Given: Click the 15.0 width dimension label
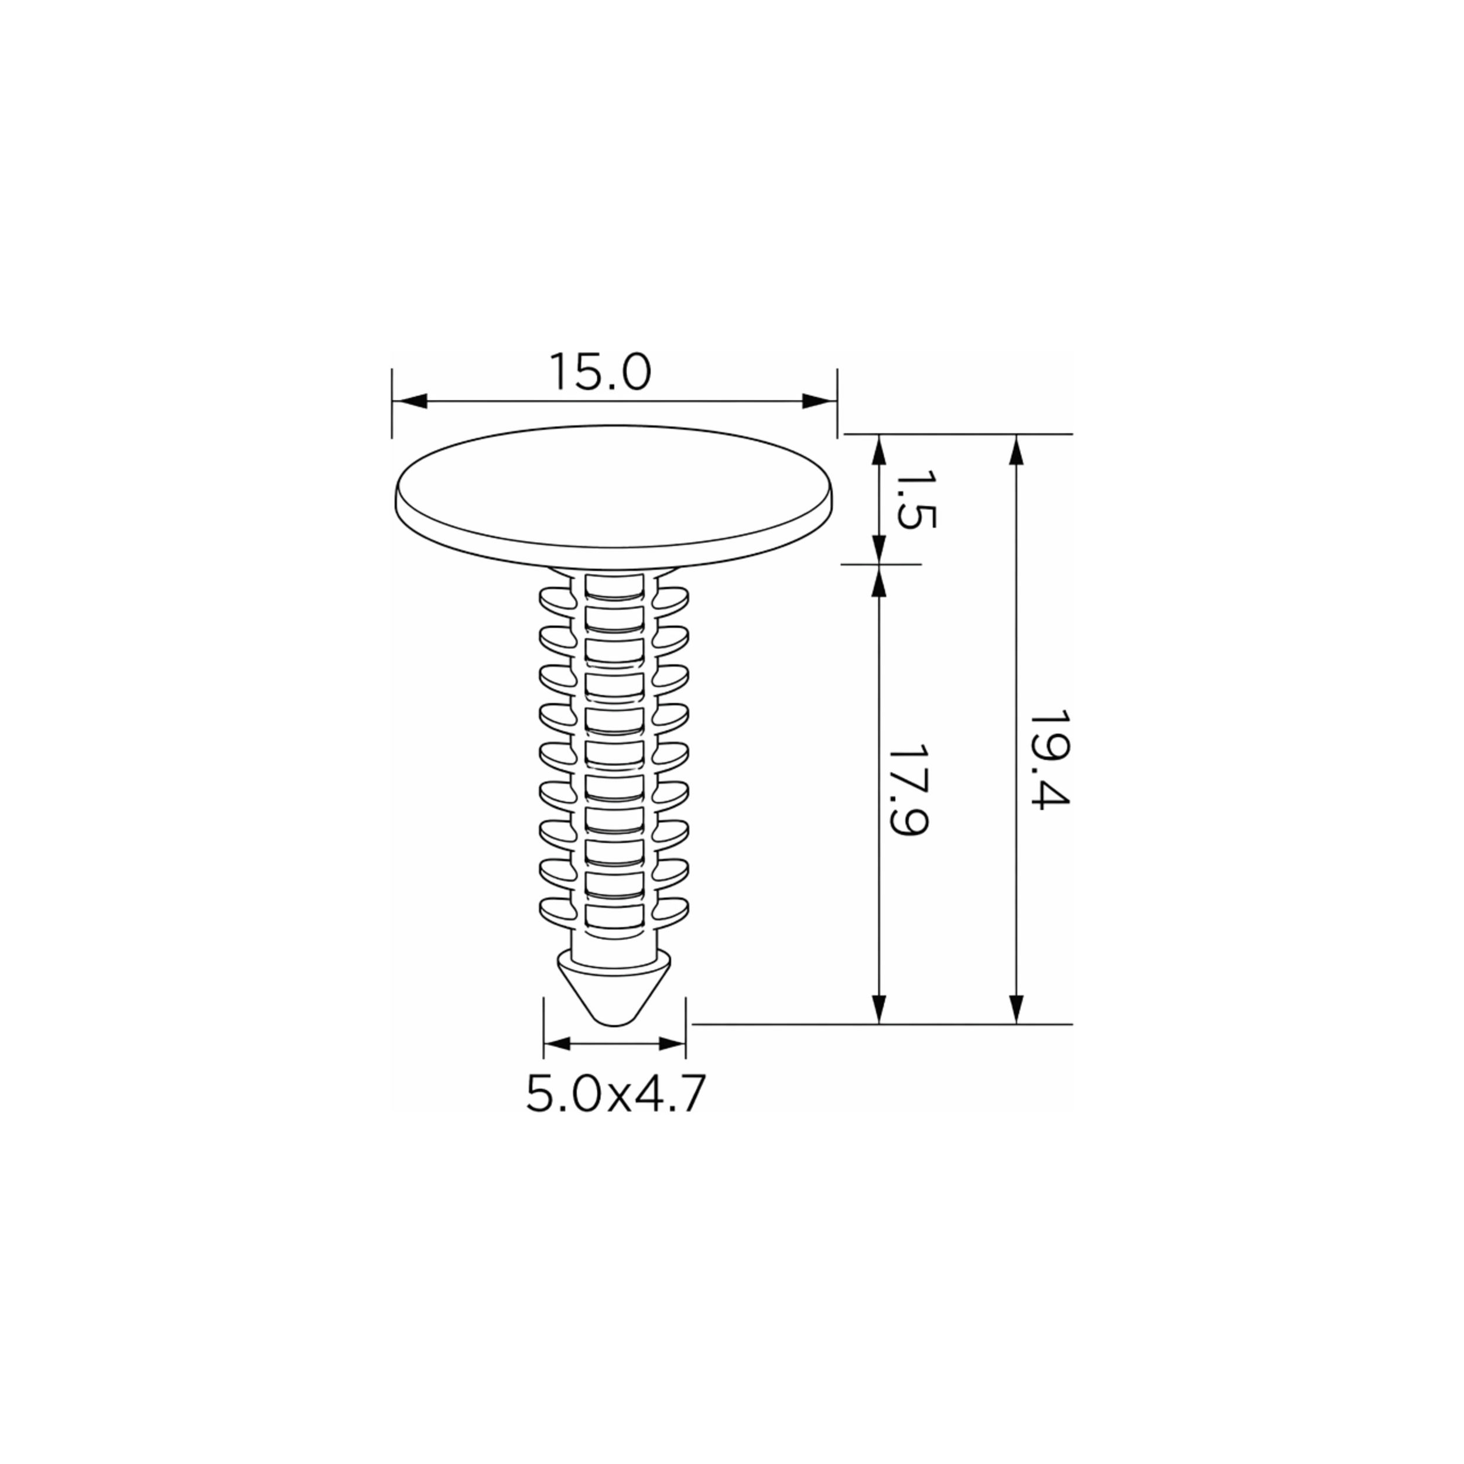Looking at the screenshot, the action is (x=600, y=372).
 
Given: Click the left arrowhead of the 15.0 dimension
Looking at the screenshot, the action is (x=410, y=402).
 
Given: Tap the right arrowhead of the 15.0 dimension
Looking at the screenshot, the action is (x=819, y=402).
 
